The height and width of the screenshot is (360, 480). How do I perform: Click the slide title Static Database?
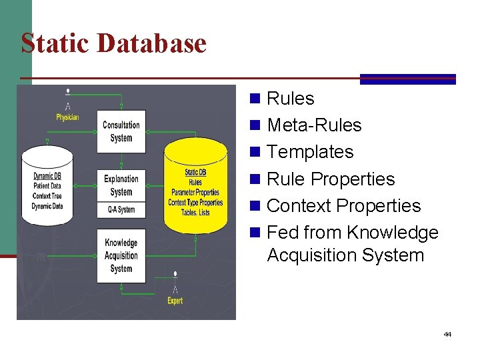point(114,43)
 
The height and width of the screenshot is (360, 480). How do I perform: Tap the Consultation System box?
point(121,131)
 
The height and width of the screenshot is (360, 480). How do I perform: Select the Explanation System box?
point(121,185)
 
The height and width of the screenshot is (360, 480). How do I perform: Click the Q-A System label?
point(121,210)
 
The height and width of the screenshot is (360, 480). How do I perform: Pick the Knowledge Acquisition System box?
point(121,255)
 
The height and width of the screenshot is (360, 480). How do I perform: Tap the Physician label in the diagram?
point(67,117)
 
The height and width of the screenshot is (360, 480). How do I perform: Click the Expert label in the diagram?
point(175,301)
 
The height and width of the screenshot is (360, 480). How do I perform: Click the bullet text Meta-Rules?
point(314,125)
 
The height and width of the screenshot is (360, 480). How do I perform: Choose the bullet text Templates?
point(310,152)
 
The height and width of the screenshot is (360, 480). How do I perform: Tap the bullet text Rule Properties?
point(331,179)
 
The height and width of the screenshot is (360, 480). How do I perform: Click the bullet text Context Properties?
point(343,206)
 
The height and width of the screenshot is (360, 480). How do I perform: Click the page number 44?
point(447,334)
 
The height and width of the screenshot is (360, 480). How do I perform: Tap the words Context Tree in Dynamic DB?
point(47,196)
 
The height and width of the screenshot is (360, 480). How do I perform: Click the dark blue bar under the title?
point(408,79)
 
